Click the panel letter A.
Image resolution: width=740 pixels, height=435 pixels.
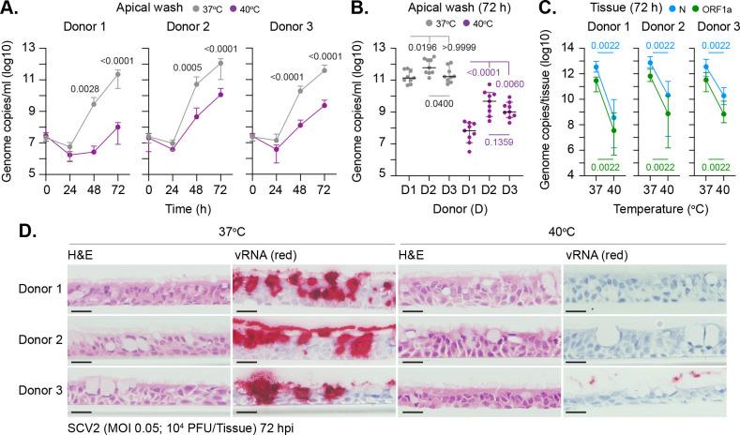pos(10,9)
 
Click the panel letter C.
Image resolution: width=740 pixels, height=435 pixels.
pos(542,9)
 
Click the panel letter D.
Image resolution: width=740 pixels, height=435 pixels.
pos(10,230)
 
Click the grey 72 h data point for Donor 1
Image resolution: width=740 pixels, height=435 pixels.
pos(118,73)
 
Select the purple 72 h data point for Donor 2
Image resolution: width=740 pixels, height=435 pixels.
pos(222,94)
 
